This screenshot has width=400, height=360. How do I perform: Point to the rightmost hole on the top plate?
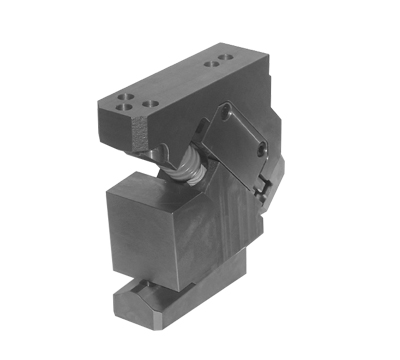tap(219, 65)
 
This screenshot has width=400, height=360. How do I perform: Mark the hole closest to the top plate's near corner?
tap(121, 102)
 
